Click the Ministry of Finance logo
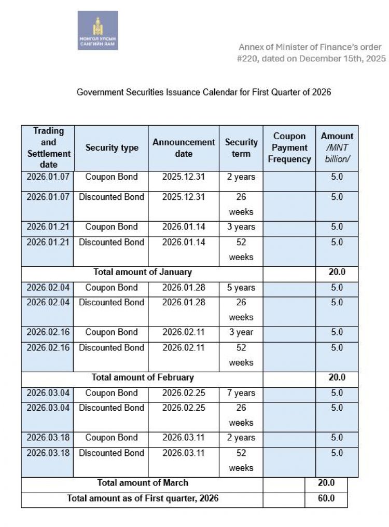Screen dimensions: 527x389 coord(98,30)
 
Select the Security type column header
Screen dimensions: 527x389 coord(112,148)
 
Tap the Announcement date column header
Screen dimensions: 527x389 coord(184,148)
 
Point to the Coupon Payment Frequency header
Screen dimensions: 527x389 coord(289,148)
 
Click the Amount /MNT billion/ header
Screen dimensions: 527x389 coord(337,147)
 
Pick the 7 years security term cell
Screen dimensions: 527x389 coord(241,393)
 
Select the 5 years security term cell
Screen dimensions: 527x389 coord(241,288)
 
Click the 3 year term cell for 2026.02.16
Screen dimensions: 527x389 coord(241,332)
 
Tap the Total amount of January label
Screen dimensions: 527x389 coord(142,272)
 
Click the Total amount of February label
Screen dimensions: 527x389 coord(142,377)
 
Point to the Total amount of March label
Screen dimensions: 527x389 coord(142,483)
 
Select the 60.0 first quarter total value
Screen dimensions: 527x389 coord(326,498)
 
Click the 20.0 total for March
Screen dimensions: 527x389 coord(326,483)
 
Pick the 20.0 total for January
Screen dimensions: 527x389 coord(337,272)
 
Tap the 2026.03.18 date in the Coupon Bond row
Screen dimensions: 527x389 coord(48,438)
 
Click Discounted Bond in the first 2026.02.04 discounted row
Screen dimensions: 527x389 coord(112,302)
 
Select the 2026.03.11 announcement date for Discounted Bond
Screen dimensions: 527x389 coord(184,453)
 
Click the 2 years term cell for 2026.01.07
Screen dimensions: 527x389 coord(241,177)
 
